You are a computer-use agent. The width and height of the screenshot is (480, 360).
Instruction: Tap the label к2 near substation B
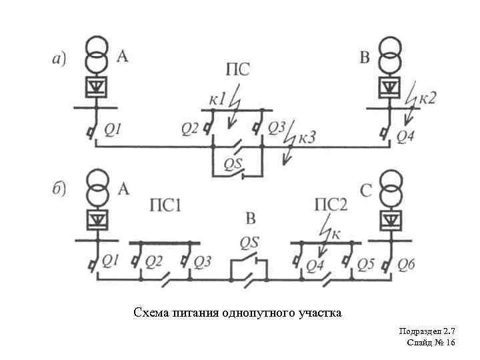(427, 98)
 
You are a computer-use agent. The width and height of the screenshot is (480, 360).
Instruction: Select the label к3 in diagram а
(307, 138)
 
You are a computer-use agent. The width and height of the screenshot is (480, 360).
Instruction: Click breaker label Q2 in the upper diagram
(190, 127)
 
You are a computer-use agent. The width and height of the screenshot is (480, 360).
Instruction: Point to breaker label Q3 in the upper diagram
(277, 127)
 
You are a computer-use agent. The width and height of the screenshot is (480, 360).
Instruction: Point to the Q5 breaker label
(365, 265)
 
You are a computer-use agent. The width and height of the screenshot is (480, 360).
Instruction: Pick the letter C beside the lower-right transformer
(366, 191)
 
